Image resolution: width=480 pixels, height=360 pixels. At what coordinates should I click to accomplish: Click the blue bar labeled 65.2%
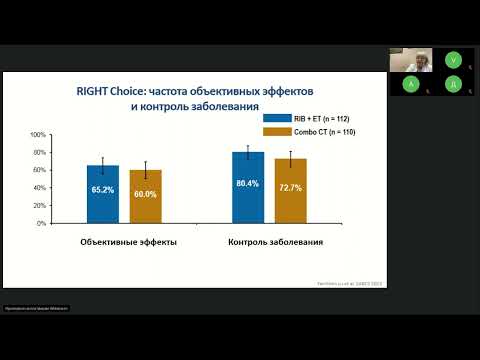[x=102, y=195]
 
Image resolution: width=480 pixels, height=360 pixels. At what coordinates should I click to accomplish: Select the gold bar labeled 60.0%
[x=145, y=197]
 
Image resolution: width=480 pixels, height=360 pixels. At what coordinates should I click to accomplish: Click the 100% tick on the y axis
[x=38, y=134]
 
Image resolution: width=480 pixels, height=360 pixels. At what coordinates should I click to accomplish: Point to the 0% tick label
[x=41, y=223]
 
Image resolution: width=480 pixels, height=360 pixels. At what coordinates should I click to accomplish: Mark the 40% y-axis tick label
[x=40, y=188]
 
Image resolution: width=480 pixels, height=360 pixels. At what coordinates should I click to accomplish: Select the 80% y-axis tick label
[x=40, y=152]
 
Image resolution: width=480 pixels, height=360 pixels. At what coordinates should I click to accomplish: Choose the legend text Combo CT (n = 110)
[x=324, y=132]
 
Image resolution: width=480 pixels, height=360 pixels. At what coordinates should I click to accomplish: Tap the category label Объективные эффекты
[x=122, y=243]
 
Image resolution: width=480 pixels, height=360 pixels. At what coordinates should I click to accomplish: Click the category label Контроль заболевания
[x=269, y=243]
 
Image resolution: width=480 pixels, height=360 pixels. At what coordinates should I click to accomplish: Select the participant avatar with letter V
[x=454, y=59]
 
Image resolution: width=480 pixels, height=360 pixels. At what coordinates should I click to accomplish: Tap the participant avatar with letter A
[x=411, y=85]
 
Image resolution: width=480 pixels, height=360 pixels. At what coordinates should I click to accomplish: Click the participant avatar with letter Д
[x=454, y=85]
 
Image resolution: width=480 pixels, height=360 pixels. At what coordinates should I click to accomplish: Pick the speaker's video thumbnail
[x=411, y=59]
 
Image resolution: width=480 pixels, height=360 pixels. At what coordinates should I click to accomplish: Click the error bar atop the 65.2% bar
[x=102, y=165]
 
